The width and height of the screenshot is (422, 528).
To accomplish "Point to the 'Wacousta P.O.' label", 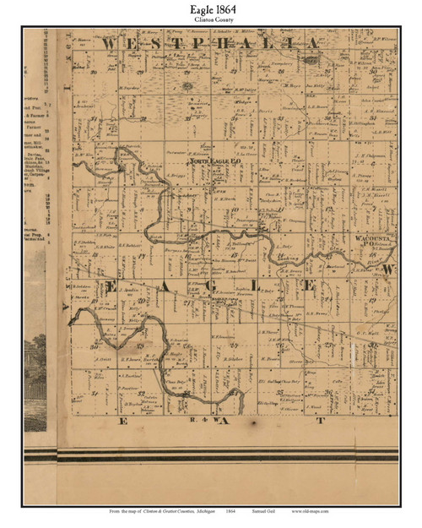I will coord(371,239).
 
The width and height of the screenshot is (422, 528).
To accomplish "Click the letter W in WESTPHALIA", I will coord(108,41).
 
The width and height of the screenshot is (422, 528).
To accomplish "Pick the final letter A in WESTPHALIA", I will coord(311,41).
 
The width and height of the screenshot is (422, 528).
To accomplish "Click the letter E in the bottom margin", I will coord(123,419).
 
